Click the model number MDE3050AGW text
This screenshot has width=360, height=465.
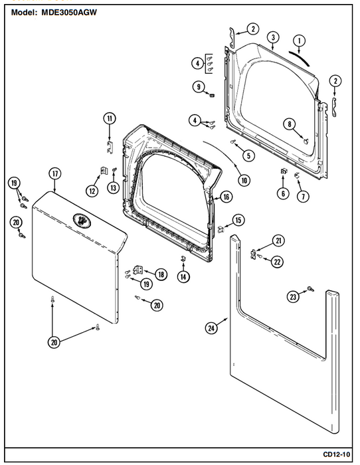tap(69, 13)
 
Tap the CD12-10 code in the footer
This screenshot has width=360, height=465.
tap(336, 454)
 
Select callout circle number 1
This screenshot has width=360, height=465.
tap(299, 41)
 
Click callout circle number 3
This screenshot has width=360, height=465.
tap(273, 37)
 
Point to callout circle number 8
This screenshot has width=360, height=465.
tap(290, 124)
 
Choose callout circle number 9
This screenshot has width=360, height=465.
tap(199, 87)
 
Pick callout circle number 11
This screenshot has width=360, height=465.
tap(110, 119)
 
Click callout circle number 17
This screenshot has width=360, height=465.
tap(55, 174)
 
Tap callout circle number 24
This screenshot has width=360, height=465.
tap(211, 328)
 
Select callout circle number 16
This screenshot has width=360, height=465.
tap(226, 197)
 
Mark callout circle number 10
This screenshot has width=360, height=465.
tap(244, 180)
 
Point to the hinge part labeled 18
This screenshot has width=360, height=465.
tap(138, 270)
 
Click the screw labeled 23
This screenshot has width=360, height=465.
tap(311, 288)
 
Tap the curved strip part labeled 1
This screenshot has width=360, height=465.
tap(300, 58)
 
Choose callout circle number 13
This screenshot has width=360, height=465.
tap(114, 188)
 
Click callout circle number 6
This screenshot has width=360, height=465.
tap(283, 194)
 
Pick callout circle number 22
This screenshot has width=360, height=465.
tap(277, 262)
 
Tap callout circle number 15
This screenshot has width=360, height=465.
tap(238, 221)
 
